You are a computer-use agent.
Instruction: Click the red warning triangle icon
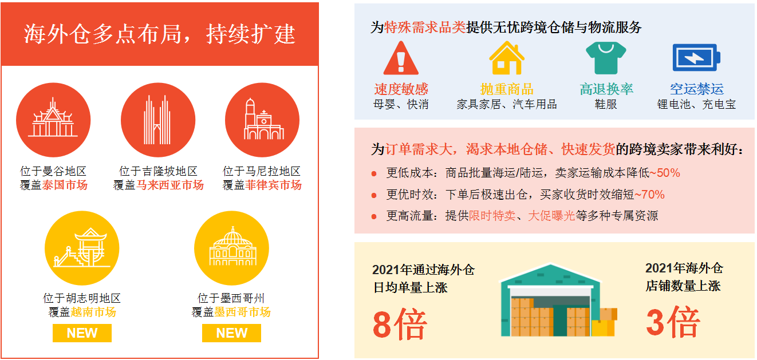pyautogui.click(x=401, y=58)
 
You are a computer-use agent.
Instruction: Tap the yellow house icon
pyautogui.click(x=507, y=58)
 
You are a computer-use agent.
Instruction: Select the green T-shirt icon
pyautogui.click(x=605, y=58)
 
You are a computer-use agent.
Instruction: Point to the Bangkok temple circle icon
pyautogui.click(x=53, y=120)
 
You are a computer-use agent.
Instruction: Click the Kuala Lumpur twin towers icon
pyautogui.click(x=157, y=120)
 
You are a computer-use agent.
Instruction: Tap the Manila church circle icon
pyautogui.click(x=262, y=120)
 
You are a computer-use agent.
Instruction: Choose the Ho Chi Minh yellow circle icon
pyautogui.click(x=82, y=248)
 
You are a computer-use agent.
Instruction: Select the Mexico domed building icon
pyautogui.click(x=231, y=248)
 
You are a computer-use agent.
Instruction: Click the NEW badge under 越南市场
pyautogui.click(x=82, y=333)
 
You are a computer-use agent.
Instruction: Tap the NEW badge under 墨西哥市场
pyautogui.click(x=231, y=333)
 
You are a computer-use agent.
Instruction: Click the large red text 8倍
pyautogui.click(x=400, y=325)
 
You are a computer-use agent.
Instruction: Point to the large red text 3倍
pyautogui.click(x=673, y=322)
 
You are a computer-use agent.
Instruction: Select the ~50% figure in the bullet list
pyautogui.click(x=665, y=173)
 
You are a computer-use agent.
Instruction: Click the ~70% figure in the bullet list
pyautogui.click(x=649, y=195)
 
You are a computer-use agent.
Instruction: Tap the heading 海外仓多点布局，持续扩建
pyautogui.click(x=160, y=34)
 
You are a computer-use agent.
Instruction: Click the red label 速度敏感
pyautogui.click(x=401, y=89)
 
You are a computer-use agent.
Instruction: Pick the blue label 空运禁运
pyautogui.click(x=696, y=89)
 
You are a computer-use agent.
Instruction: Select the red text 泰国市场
pyautogui.click(x=65, y=185)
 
